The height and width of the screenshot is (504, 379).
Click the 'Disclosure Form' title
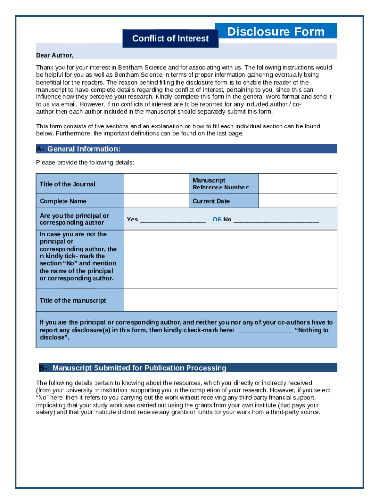(276, 31)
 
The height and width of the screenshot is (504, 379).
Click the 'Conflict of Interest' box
(170, 38)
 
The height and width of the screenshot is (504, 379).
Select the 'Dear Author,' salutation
(55, 55)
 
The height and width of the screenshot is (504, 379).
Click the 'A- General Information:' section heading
(84, 149)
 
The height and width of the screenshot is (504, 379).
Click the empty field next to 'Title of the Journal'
(156, 184)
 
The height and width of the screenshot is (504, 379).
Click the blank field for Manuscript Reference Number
(298, 184)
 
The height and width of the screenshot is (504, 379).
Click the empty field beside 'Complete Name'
(156, 201)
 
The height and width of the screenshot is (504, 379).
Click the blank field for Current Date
(298, 201)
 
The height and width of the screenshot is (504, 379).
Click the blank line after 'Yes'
(173, 220)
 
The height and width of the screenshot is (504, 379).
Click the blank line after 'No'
(276, 220)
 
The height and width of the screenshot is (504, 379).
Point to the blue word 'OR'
(217, 220)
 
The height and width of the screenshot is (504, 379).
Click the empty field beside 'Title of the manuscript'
(230, 300)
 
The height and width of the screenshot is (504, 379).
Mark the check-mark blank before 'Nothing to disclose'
(266, 330)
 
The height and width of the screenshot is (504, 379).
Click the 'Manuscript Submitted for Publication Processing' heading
(139, 368)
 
